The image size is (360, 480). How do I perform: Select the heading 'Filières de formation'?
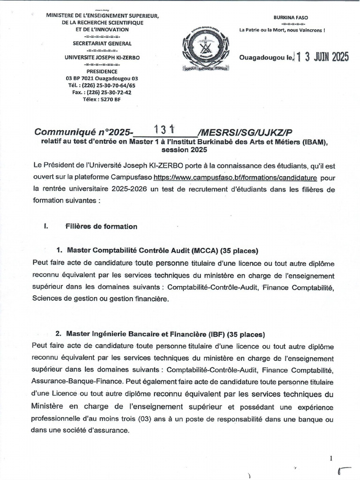(x=102, y=226)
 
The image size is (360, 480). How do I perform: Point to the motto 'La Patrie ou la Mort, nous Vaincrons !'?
(x=282, y=30)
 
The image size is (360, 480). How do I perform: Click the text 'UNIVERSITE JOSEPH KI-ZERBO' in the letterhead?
(x=102, y=57)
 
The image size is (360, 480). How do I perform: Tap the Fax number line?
(x=102, y=92)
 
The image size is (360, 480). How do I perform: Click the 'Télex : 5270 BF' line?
(x=102, y=99)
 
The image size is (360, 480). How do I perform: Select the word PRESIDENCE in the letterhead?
(x=102, y=71)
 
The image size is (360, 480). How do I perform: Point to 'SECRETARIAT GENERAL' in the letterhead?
(x=102, y=43)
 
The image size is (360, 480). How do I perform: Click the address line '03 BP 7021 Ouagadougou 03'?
(x=102, y=78)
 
